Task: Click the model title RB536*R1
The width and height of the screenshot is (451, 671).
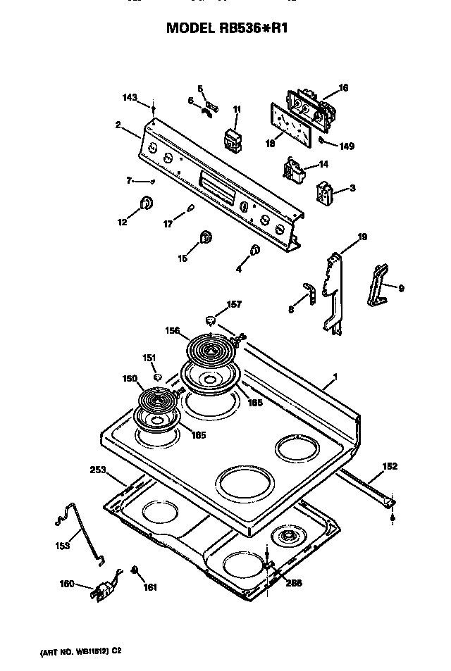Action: click(227, 28)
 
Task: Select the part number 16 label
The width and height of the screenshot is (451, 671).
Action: click(344, 88)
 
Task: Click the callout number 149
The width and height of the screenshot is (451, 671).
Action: click(346, 146)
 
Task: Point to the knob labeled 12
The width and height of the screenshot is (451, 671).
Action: click(146, 203)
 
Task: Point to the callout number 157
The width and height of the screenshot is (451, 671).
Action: click(233, 305)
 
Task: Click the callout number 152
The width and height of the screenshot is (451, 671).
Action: click(390, 466)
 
